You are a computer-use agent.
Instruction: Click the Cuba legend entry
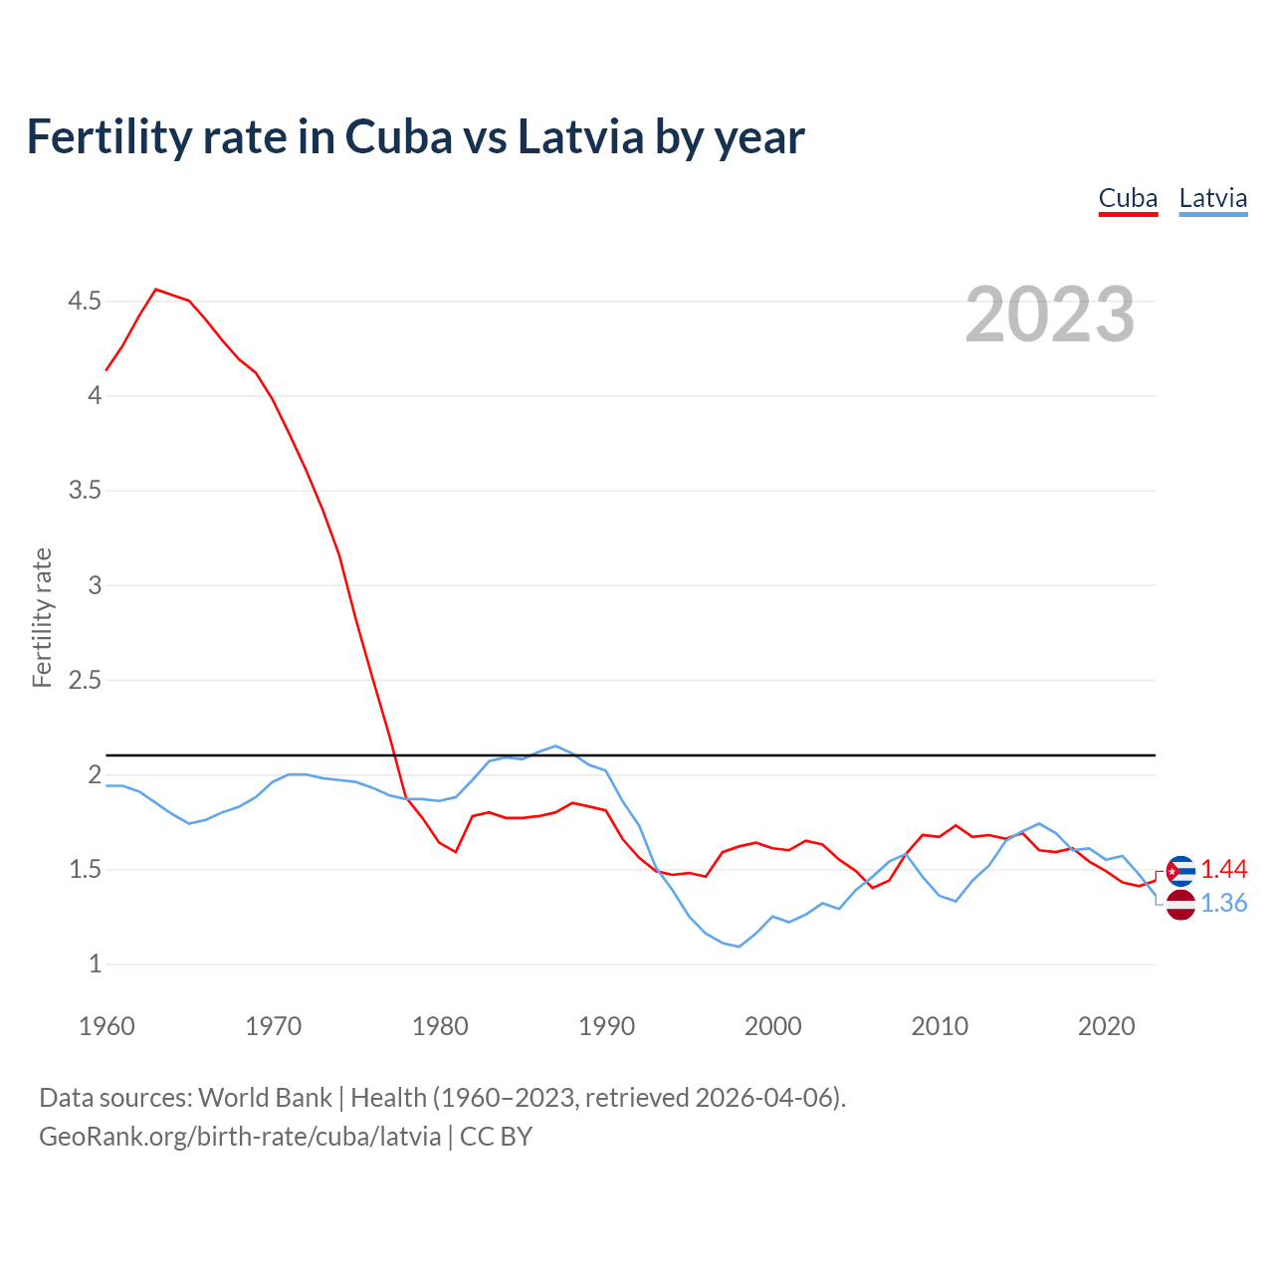click(x=1128, y=198)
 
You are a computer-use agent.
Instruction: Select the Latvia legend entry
click(x=1212, y=198)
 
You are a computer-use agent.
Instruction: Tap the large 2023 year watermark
click(x=1050, y=315)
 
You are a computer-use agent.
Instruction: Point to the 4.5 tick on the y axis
click(x=85, y=301)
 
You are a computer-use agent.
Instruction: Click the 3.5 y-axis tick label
click(x=85, y=491)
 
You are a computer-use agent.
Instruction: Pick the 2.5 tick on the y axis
click(x=85, y=681)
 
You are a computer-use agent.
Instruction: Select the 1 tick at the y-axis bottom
click(x=95, y=964)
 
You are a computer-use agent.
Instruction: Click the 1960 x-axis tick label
click(x=106, y=1026)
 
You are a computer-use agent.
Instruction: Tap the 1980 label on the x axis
click(x=440, y=1026)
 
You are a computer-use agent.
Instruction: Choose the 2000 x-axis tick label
click(x=773, y=1026)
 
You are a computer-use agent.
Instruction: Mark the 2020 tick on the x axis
click(x=1106, y=1026)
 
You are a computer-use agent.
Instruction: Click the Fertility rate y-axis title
click(x=42, y=617)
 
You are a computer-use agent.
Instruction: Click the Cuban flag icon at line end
click(x=1180, y=871)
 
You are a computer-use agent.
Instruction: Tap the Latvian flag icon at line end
click(x=1180, y=905)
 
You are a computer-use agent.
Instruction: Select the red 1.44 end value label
click(x=1223, y=870)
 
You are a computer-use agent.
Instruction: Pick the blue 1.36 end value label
click(x=1223, y=904)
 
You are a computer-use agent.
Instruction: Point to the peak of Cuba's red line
click(x=156, y=290)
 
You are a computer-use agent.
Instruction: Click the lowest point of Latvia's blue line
click(x=739, y=947)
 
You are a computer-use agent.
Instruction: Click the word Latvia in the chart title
click(x=580, y=137)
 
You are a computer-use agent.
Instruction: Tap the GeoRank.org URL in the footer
click(x=240, y=1137)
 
